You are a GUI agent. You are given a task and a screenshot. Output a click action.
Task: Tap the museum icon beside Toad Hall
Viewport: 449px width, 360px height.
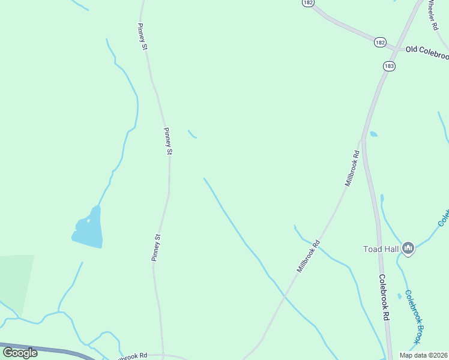[x=408, y=248]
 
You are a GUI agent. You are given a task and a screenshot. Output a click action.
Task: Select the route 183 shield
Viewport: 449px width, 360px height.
[x=389, y=66]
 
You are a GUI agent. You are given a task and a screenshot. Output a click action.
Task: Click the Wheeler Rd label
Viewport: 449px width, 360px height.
[x=433, y=15]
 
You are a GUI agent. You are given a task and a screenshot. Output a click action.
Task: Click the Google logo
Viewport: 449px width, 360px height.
[x=20, y=353]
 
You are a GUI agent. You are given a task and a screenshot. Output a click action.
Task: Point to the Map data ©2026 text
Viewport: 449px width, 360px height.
[x=423, y=355]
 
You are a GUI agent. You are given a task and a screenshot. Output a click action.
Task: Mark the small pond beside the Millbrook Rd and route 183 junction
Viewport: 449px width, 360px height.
[x=373, y=134]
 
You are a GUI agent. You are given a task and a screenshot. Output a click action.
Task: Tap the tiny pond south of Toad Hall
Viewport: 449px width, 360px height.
[x=399, y=296]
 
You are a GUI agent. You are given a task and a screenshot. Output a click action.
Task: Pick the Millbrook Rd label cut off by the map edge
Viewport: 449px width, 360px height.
[x=132, y=356]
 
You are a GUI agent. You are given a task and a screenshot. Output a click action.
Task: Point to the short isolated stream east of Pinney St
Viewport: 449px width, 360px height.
[x=192, y=134]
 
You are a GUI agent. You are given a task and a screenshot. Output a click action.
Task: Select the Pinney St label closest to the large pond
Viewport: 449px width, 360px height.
[x=157, y=247]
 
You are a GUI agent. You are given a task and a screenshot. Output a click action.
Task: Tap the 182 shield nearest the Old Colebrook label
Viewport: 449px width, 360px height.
[x=379, y=42]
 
